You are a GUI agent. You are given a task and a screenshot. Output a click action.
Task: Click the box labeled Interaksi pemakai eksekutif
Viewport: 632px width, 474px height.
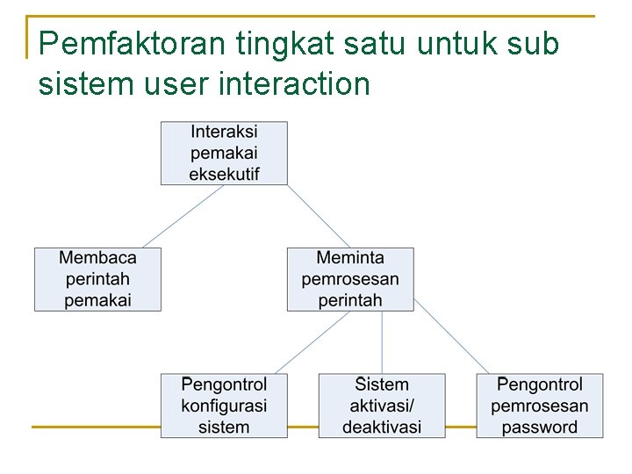(x=224, y=153)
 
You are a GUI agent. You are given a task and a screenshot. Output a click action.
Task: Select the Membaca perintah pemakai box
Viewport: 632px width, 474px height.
(x=97, y=279)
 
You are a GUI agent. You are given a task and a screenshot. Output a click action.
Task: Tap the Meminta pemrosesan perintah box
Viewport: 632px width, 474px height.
(x=350, y=279)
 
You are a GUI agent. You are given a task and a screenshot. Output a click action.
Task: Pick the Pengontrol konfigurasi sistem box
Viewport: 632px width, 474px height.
(x=224, y=406)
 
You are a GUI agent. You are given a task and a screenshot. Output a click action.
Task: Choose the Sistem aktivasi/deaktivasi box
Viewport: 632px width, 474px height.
(x=382, y=406)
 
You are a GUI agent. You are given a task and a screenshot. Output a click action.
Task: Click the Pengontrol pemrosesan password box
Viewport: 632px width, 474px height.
(x=540, y=406)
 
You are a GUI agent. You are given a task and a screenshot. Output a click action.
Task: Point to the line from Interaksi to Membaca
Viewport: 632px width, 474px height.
(x=183, y=216)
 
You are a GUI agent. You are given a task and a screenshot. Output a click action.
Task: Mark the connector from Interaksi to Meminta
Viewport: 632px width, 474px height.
(x=319, y=216)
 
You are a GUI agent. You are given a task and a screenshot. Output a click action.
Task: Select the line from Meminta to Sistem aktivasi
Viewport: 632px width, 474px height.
(x=382, y=342)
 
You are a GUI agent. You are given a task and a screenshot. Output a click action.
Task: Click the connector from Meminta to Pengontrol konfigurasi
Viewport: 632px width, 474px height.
(x=312, y=342)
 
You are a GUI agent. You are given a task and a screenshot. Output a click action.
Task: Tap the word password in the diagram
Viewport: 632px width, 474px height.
(x=540, y=427)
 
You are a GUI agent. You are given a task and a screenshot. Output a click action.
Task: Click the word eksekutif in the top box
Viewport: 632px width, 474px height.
(x=224, y=174)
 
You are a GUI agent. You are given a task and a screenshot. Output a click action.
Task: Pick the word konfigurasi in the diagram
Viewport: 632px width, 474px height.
(x=224, y=406)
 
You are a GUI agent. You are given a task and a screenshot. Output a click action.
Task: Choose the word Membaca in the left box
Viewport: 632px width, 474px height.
(x=97, y=258)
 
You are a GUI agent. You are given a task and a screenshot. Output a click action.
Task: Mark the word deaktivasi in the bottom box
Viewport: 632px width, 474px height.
(x=382, y=427)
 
